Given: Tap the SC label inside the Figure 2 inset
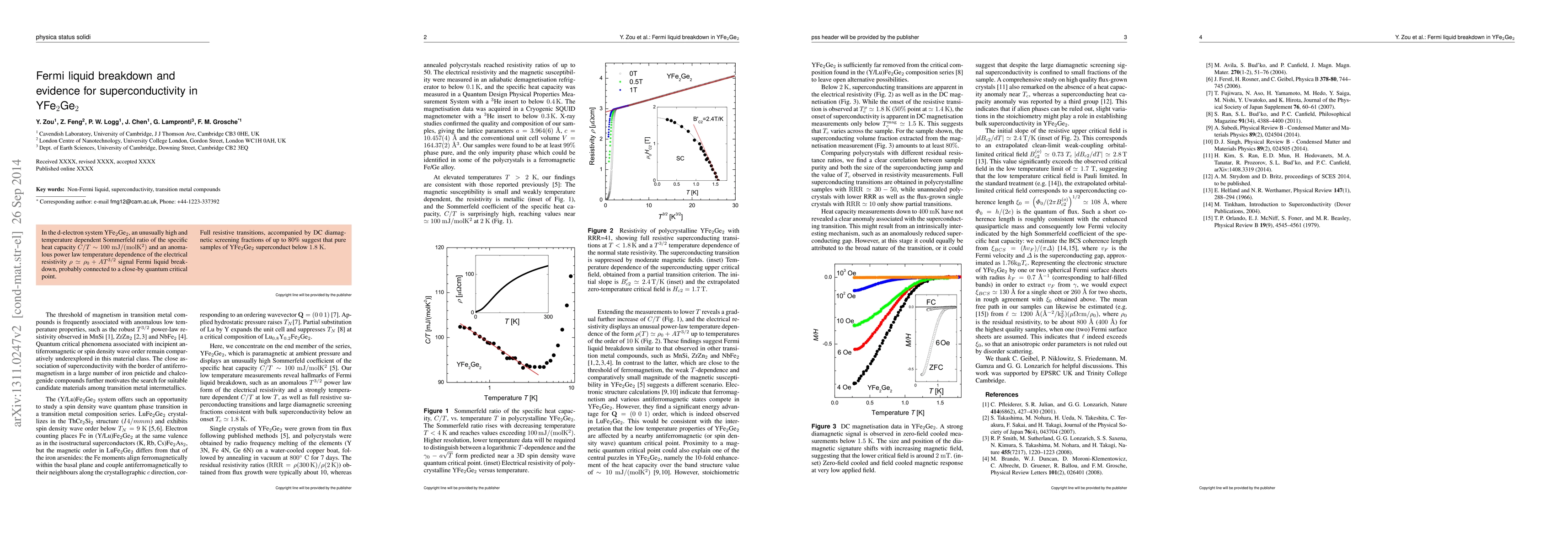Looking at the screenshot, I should (680, 158).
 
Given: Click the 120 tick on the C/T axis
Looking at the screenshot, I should (439, 247).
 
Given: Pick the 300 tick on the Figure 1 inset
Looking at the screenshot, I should (548, 317).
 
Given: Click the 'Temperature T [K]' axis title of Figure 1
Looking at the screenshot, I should (511, 398).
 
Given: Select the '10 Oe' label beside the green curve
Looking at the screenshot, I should (845, 321).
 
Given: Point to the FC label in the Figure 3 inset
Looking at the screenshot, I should (931, 302).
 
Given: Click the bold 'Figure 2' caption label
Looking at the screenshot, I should (600, 231).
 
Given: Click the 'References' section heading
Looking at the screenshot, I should (1001, 395).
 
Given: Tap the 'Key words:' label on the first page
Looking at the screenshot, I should (50, 189).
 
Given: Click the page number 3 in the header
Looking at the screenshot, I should (1125, 38).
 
